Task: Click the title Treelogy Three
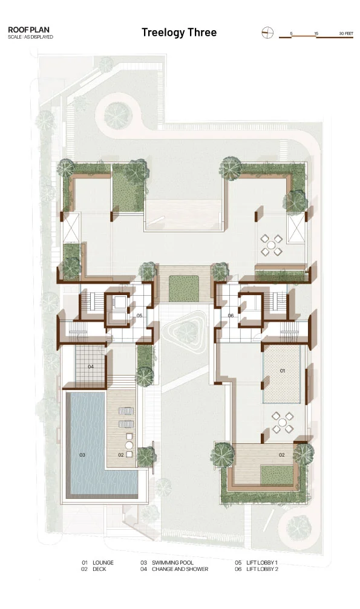click(x=179, y=33)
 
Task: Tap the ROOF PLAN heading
click(x=29, y=30)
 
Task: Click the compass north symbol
click(x=267, y=33)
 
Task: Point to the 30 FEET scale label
click(x=346, y=34)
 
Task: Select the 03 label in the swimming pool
click(x=82, y=455)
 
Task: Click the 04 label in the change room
click(x=91, y=366)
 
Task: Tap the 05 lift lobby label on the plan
click(x=139, y=316)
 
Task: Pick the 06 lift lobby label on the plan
click(x=231, y=316)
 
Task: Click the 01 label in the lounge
click(x=283, y=371)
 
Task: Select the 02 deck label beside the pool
click(x=121, y=455)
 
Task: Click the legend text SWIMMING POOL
click(x=172, y=562)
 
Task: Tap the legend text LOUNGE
click(x=103, y=562)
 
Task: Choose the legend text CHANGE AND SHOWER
click(x=180, y=569)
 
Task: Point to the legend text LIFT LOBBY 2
click(x=263, y=569)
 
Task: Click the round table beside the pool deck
click(x=129, y=445)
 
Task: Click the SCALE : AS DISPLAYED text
click(x=30, y=37)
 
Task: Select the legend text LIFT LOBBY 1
click(x=262, y=562)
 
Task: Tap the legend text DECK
click(x=99, y=569)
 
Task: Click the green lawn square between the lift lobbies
click(x=184, y=288)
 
